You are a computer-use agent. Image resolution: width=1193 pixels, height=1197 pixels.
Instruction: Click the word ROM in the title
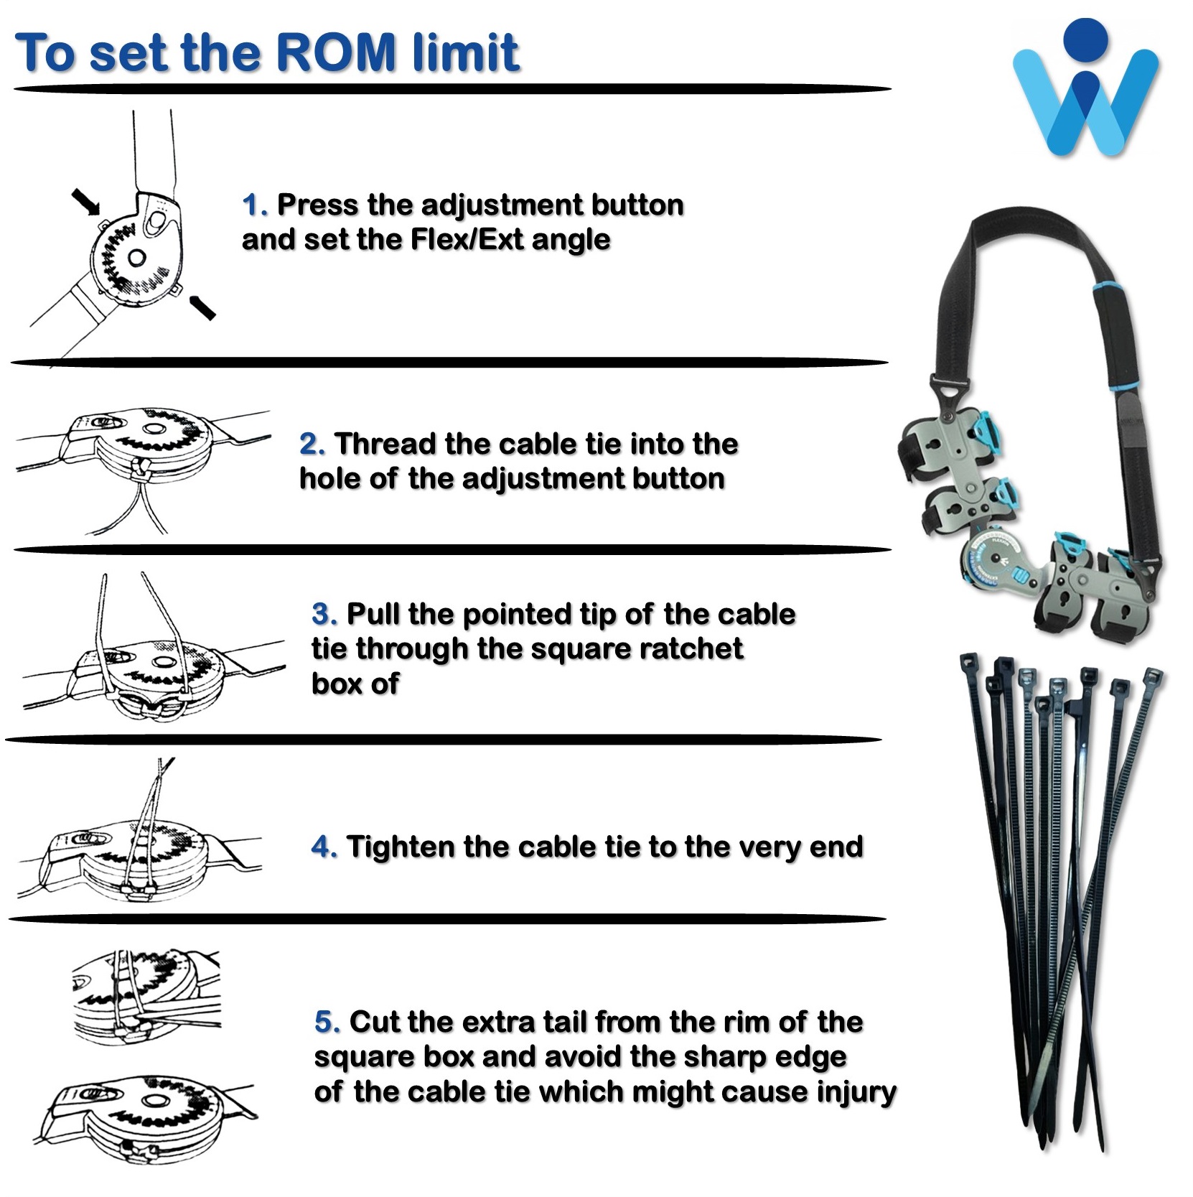tap(336, 52)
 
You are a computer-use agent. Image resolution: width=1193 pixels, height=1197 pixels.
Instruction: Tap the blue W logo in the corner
tap(1085, 88)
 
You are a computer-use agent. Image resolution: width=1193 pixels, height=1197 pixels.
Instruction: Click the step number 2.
tap(312, 444)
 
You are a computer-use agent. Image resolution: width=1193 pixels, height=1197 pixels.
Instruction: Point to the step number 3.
tap(324, 615)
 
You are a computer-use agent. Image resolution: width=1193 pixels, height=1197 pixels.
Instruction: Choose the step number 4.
tap(324, 847)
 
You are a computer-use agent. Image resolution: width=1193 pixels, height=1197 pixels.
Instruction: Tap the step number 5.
tap(327, 1022)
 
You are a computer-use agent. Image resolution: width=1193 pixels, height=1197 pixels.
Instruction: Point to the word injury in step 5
tap(856, 1092)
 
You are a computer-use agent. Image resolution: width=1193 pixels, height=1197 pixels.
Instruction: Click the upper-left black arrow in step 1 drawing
tap(86, 202)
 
